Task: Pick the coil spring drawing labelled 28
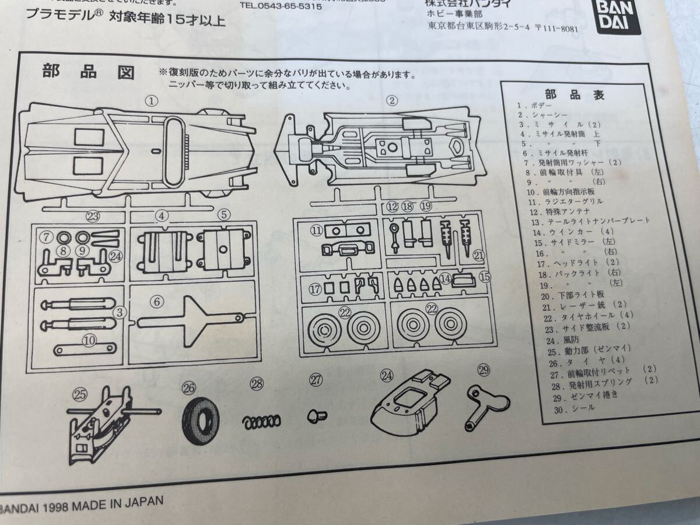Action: [262, 420]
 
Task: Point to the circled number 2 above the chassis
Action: [393, 100]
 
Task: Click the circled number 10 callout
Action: [89, 339]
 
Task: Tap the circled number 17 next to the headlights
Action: [316, 288]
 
